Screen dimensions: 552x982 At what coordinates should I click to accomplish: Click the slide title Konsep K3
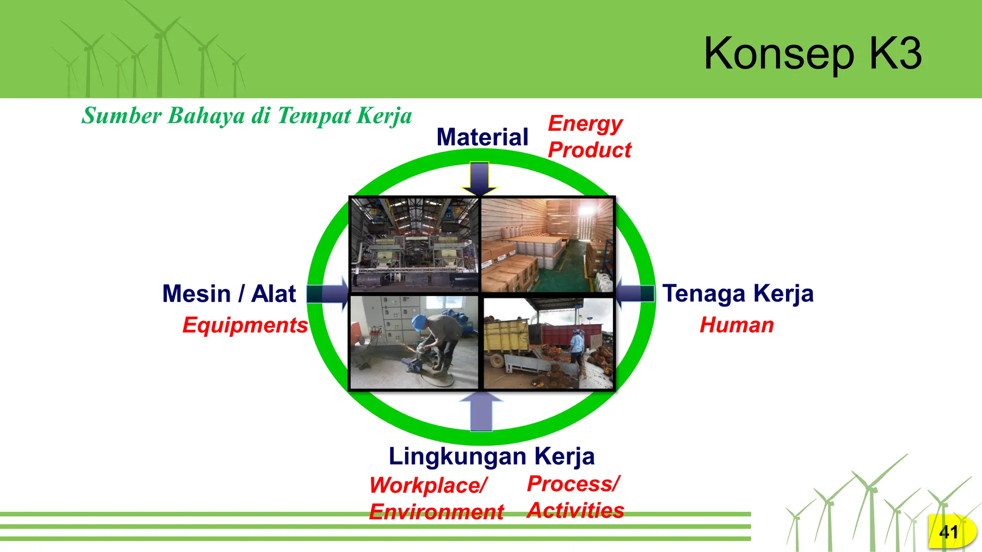click(812, 53)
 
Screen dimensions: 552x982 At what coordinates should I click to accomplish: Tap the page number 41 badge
click(949, 532)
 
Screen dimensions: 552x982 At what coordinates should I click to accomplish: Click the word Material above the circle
click(482, 137)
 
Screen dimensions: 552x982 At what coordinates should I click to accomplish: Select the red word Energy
click(585, 124)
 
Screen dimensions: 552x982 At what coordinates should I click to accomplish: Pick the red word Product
click(589, 150)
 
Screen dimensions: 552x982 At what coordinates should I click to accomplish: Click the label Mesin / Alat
click(229, 294)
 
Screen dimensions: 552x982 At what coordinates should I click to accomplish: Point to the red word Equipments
click(245, 325)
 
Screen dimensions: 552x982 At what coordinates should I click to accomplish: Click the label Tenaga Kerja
click(738, 294)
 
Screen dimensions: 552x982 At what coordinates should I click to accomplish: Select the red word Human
click(736, 325)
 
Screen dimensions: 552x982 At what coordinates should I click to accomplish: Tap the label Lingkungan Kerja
click(491, 456)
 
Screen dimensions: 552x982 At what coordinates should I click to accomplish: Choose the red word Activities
click(575, 510)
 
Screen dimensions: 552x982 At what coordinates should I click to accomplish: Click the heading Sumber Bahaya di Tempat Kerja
click(246, 116)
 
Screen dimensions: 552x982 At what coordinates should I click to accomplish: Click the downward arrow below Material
click(479, 179)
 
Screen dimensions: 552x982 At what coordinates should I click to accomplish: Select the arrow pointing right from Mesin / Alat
click(327, 294)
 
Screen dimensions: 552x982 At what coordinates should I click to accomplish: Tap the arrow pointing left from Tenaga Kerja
click(635, 293)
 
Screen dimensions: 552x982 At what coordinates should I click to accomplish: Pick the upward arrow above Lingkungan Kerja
click(481, 411)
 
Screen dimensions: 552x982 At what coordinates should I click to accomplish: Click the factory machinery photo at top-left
click(415, 244)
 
